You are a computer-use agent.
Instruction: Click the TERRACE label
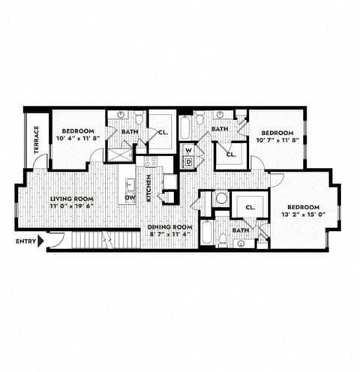36,140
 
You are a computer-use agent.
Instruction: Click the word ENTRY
25,241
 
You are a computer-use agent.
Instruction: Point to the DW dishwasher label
131,198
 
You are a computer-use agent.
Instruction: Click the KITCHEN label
149,187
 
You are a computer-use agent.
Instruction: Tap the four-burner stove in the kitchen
150,161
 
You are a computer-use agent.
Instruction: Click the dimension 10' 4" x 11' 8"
79,139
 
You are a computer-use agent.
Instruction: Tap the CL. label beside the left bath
163,131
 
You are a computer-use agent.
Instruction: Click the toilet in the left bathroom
139,118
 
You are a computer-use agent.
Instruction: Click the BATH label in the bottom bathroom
240,230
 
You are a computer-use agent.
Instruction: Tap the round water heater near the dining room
221,199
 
